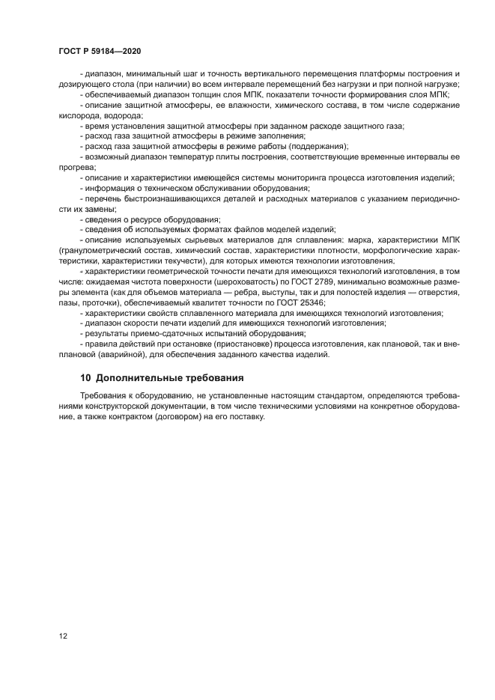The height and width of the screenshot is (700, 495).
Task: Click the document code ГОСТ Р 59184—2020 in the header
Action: pyautogui.click(x=100, y=49)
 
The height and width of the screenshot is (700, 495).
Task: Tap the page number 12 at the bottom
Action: pyautogui.click(x=62, y=636)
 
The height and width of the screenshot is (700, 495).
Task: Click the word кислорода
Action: pyautogui.click(x=77, y=116)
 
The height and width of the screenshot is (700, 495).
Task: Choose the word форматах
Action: pyautogui.click(x=218, y=231)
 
